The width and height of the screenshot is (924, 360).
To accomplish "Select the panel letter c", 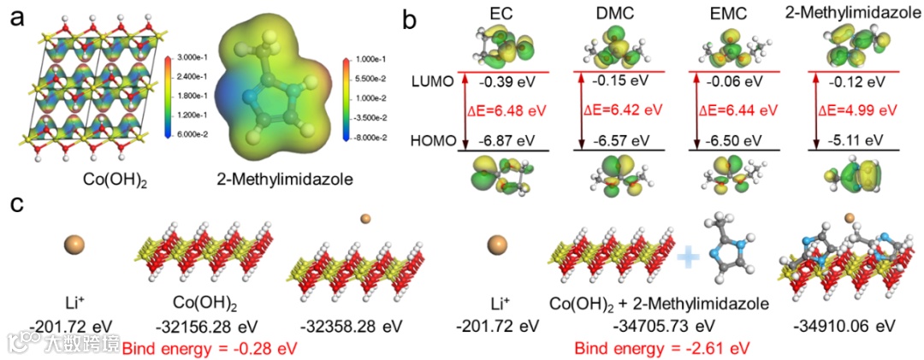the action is click(15, 207).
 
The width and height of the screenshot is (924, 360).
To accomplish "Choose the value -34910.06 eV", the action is click(843, 328).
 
